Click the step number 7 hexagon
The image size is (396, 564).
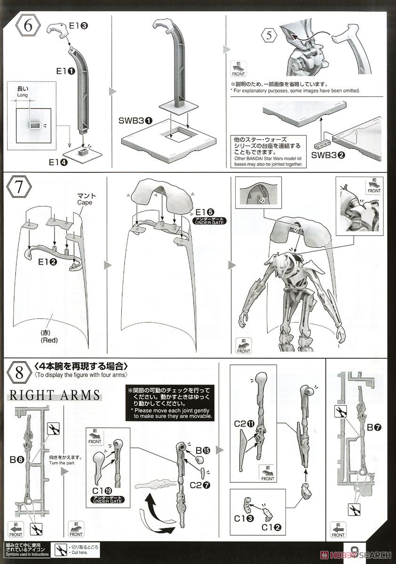(x=19, y=189)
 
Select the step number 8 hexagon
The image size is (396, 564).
(x=19, y=374)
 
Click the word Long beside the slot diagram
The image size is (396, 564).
(x=23, y=94)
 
